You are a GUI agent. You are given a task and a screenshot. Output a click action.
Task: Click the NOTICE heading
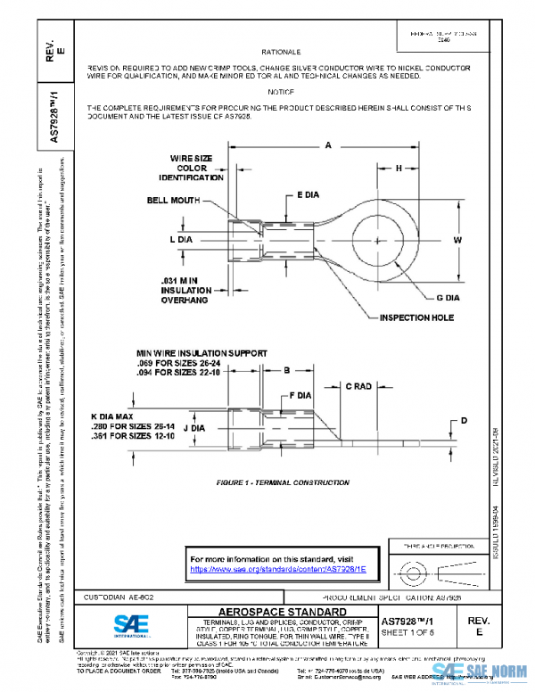pyautogui.click(x=280, y=92)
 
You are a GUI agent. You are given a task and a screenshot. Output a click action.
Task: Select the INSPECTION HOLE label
pyautogui.click(x=416, y=317)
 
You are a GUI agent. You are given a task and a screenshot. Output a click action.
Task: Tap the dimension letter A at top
pyautogui.click(x=327, y=144)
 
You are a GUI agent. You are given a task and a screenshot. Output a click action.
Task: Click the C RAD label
pyautogui.click(x=359, y=386)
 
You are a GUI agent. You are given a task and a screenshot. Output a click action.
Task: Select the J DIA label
pyautogui.click(x=193, y=428)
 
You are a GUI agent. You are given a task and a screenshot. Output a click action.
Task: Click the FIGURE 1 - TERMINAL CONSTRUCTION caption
pyautogui.click(x=283, y=482)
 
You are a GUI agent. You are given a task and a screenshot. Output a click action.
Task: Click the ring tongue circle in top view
pyautogui.click(x=392, y=241)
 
